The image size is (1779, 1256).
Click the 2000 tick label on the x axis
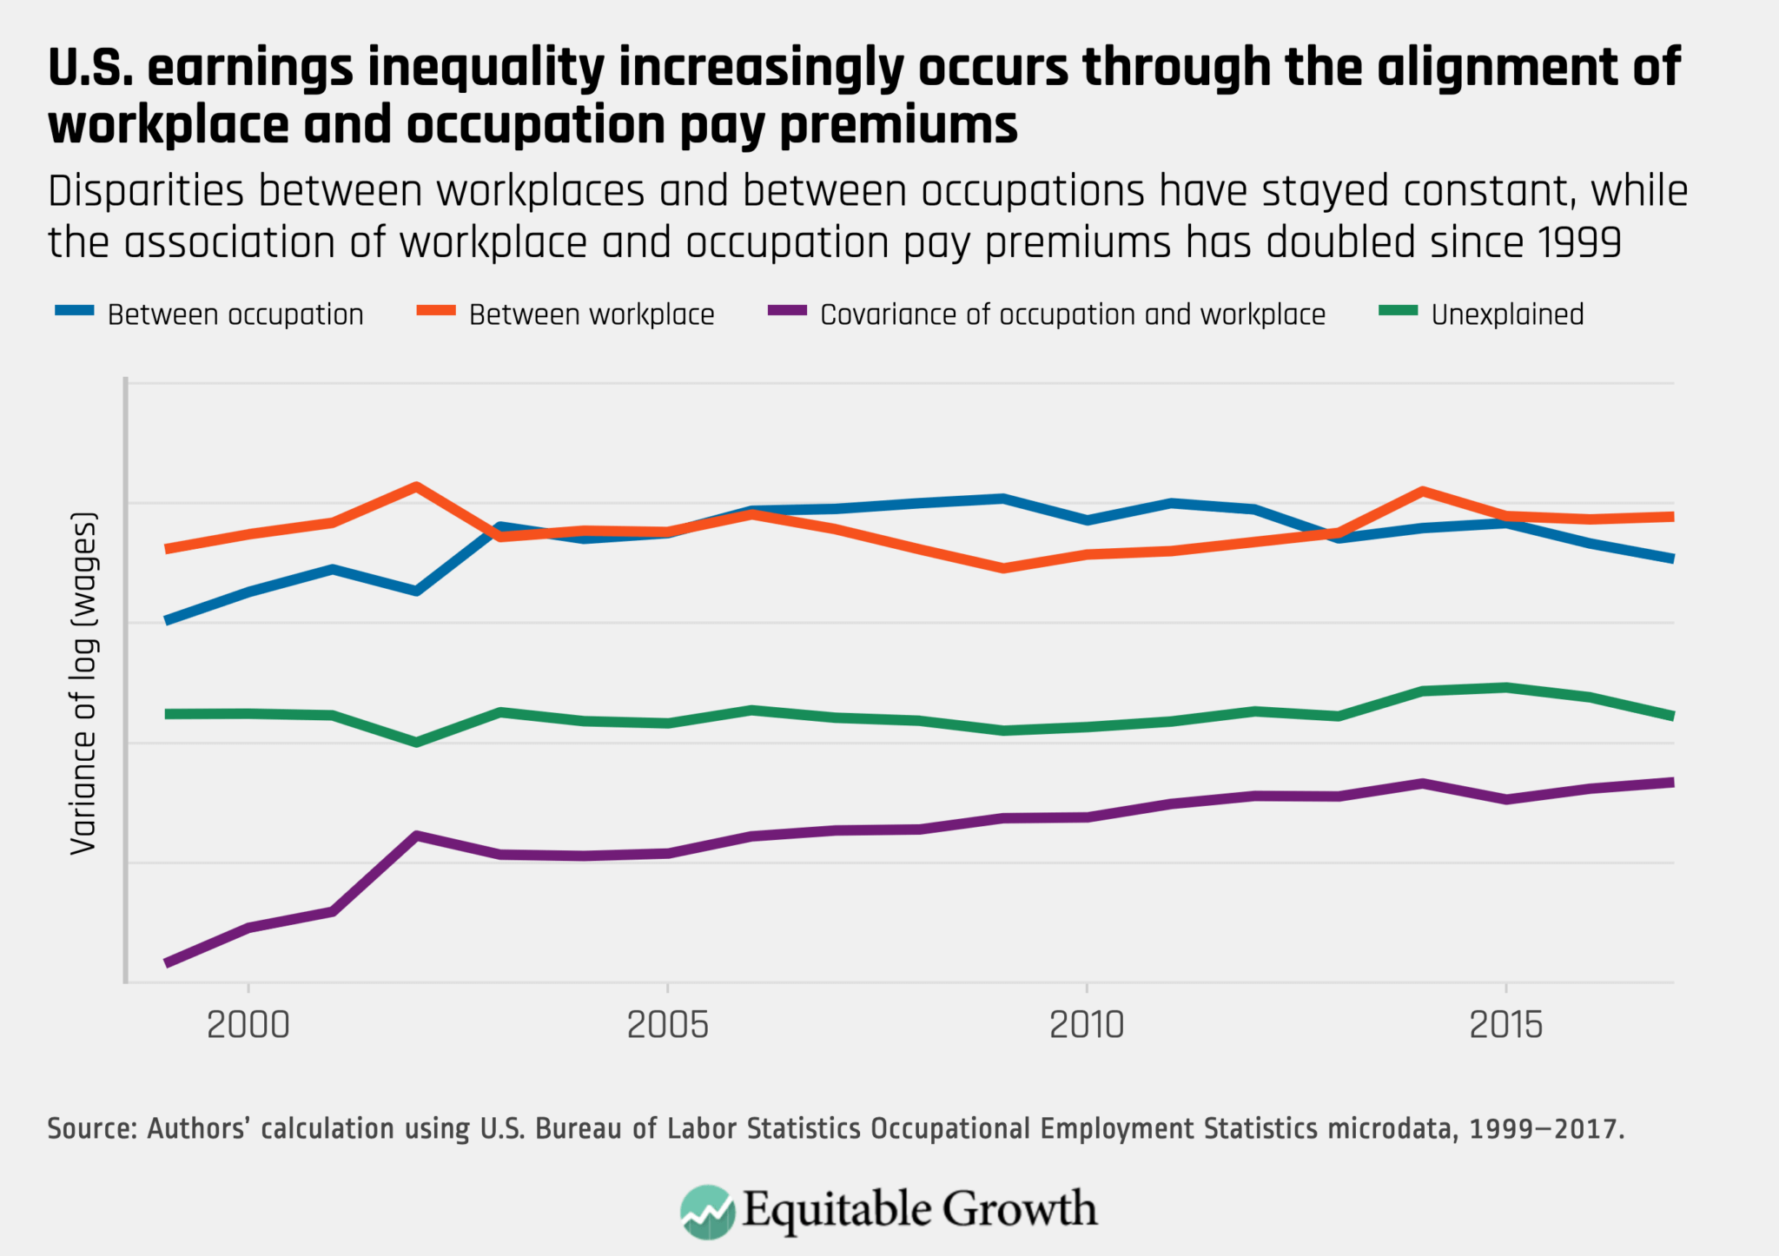click(248, 1026)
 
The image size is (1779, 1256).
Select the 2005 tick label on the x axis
click(667, 1026)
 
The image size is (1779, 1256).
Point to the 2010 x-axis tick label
click(1087, 1026)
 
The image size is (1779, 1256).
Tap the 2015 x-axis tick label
click(1505, 1026)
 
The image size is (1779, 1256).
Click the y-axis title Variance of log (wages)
click(84, 684)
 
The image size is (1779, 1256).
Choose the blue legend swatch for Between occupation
click(75, 311)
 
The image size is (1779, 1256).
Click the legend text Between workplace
click(592, 314)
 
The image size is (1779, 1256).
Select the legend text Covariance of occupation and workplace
click(1072, 314)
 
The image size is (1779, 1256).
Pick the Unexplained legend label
click(1507, 314)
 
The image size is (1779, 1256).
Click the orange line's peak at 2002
click(417, 486)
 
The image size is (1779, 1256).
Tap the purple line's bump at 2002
click(417, 836)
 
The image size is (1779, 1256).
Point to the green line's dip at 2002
click(417, 743)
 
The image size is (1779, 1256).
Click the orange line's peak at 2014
click(1422, 491)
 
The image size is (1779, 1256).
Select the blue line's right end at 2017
click(1672, 559)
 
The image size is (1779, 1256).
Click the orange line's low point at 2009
click(1003, 568)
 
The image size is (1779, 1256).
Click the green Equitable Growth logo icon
click(707, 1211)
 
